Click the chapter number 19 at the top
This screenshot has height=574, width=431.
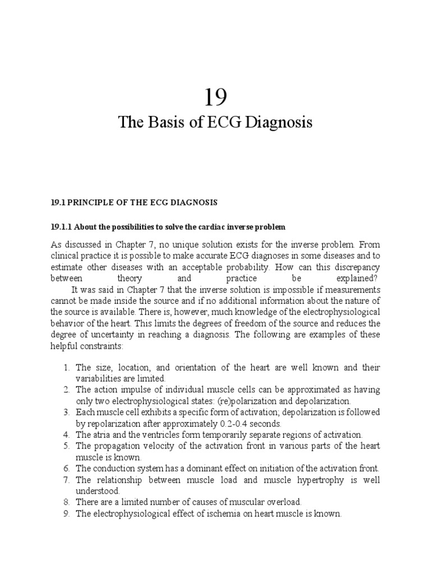pyautogui.click(x=215, y=98)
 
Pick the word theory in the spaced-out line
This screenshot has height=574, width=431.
pyautogui.click(x=130, y=279)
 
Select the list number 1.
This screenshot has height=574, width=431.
pyautogui.click(x=65, y=368)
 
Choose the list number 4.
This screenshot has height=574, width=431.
pyautogui.click(x=65, y=435)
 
